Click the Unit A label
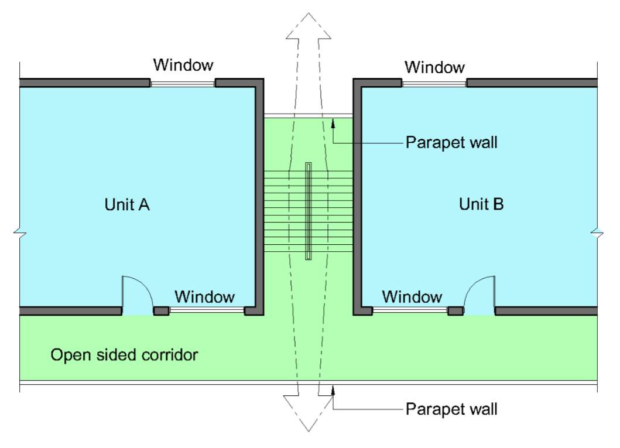[x=127, y=204]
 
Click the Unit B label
[x=481, y=204]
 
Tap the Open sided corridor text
[x=124, y=355]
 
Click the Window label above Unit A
[x=183, y=64]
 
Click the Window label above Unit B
[x=435, y=67]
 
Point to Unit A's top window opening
[x=183, y=83]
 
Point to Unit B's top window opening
[x=434, y=83]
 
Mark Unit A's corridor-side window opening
[x=207, y=310]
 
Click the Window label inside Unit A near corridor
[x=205, y=297]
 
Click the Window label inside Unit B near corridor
[x=412, y=296]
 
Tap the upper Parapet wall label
[x=451, y=142]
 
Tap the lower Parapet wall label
[x=451, y=408]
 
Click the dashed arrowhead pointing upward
[x=309, y=26]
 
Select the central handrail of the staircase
[x=309, y=211]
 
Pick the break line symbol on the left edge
[x=19, y=234]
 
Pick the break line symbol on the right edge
[x=597, y=234]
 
